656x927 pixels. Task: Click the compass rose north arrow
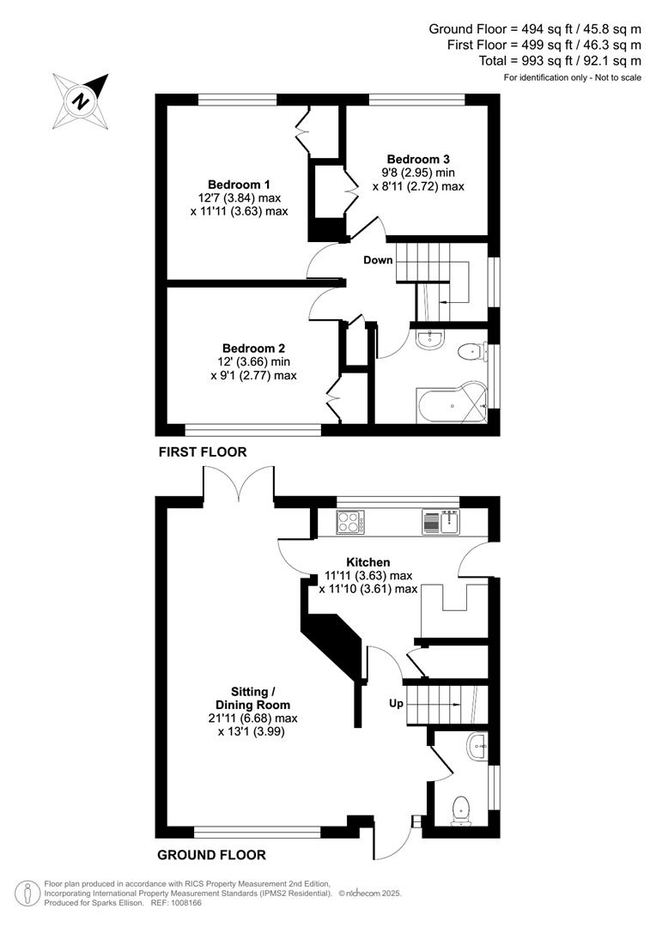pyautogui.click(x=82, y=100)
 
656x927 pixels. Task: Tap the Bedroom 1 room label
pyautogui.click(x=239, y=185)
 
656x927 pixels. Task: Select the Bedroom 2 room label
pyautogui.click(x=253, y=348)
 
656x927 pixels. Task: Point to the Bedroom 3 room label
pyautogui.click(x=418, y=159)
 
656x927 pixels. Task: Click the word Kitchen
pyautogui.click(x=367, y=562)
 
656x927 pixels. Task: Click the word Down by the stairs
pyautogui.click(x=377, y=260)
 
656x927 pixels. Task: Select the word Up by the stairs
pyautogui.click(x=395, y=703)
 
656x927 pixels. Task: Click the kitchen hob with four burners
pyautogui.click(x=350, y=522)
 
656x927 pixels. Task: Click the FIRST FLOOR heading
pyautogui.click(x=202, y=451)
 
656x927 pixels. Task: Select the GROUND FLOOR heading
pyautogui.click(x=211, y=855)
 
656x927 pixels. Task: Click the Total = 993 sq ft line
pyautogui.click(x=560, y=61)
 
